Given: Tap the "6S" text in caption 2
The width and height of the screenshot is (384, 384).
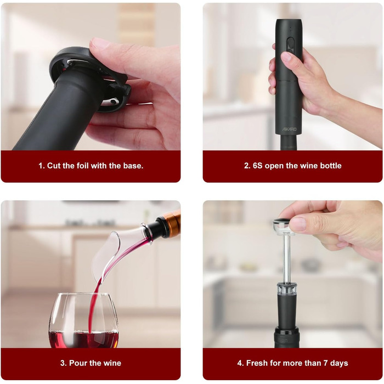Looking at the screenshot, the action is click(257, 166).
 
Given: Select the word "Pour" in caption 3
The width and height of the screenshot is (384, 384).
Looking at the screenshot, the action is click(77, 363).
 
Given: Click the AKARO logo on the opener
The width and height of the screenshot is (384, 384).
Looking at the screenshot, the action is click(289, 129).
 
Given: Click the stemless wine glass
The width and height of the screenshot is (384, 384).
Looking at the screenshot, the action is click(83, 320).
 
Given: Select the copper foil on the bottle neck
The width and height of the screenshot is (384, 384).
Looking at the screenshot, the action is click(171, 223).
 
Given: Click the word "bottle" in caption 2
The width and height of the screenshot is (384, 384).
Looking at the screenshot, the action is click(331, 166).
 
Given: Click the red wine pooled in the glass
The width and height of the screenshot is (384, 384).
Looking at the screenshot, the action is click(83, 339).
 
